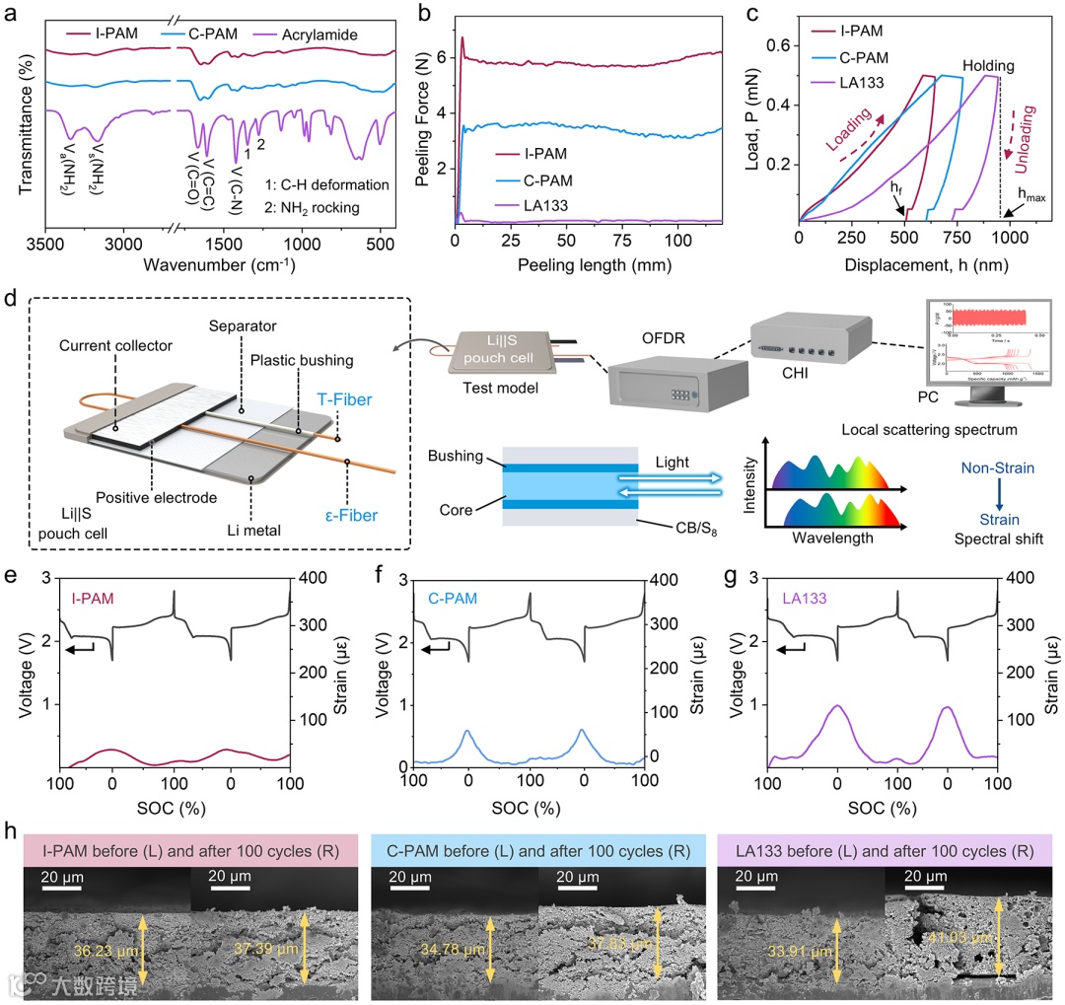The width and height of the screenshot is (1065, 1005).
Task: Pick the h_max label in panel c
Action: pyautogui.click(x=1031, y=198)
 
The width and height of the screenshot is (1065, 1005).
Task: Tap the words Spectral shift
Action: pyautogui.click(x=995, y=539)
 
